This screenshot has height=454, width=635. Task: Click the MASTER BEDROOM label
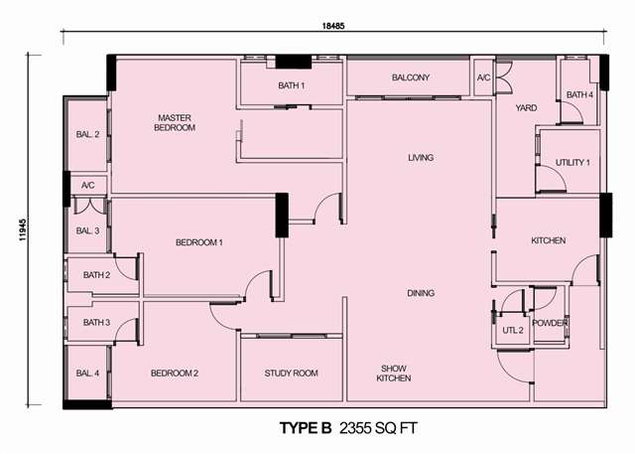point(175,123)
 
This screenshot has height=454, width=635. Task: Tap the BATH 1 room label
point(291,85)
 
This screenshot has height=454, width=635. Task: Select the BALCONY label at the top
point(410,77)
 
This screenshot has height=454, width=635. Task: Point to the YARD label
point(526,108)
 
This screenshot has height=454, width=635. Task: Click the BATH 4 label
point(579,94)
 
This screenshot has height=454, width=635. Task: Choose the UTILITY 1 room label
point(572,163)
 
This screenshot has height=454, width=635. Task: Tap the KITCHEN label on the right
point(549,240)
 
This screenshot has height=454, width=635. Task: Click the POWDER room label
point(549,323)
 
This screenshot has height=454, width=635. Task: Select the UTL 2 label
point(513,331)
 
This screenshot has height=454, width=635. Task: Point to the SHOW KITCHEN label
point(394,374)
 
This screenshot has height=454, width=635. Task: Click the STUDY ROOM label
point(291,374)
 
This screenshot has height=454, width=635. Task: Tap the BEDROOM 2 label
point(175,374)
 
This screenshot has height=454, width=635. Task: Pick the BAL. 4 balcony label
point(87,374)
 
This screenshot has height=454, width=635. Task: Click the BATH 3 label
point(96,323)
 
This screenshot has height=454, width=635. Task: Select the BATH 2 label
point(96,275)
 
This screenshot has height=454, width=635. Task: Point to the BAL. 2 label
point(87,134)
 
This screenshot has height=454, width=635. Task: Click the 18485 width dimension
point(333,26)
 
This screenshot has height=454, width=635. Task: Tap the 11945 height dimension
point(22,229)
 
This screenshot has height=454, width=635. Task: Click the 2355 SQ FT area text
point(378,428)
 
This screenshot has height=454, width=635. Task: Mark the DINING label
point(421,293)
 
